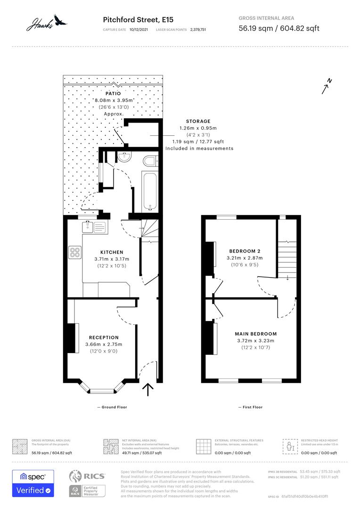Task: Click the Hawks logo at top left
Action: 47,22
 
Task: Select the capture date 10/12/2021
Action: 139,29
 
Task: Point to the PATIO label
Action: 113,93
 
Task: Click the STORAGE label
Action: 198,121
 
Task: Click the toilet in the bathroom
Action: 150,162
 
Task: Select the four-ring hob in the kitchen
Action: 75,252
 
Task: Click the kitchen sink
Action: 94,227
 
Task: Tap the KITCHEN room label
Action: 111,252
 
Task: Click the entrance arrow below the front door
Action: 148,389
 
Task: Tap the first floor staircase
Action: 286,257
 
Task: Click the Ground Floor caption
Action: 112,407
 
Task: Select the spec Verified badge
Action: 33,483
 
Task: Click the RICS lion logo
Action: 77,476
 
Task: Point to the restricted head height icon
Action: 289,446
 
